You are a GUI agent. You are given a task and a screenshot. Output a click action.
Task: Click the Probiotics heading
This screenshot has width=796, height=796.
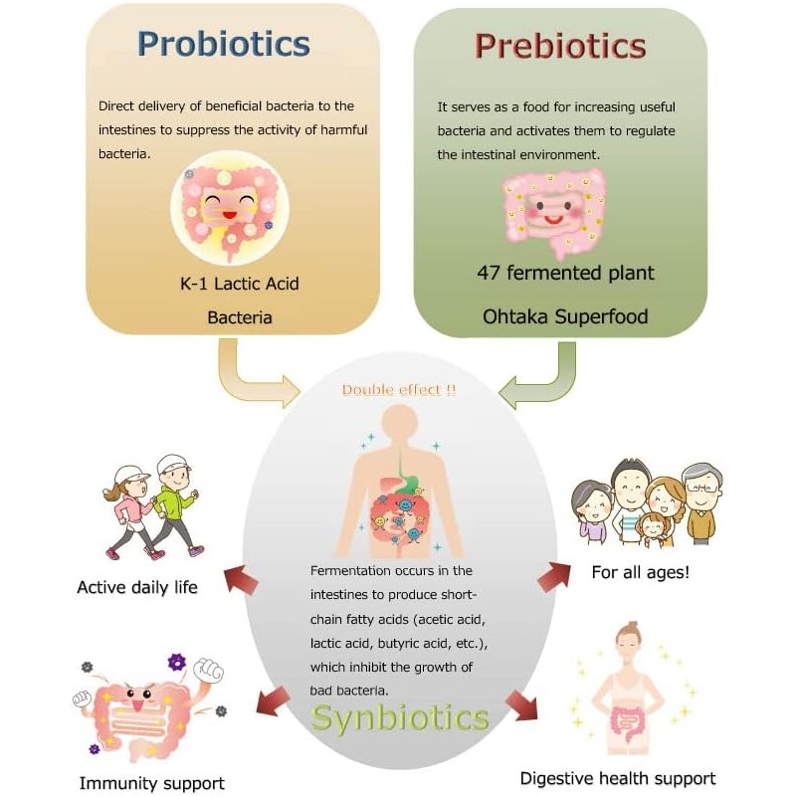coord(224,45)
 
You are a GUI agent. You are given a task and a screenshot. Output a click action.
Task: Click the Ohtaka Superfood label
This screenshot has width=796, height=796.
coord(564,316)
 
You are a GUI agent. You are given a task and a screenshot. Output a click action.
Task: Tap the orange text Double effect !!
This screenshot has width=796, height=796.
coord(399,390)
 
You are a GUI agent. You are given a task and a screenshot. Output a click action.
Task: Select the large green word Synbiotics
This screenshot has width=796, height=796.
coord(400,718)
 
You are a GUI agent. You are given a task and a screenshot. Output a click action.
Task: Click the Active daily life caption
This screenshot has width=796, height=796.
coord(137,587)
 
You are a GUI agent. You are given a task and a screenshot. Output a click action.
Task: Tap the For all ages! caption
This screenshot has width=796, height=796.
coord(641,572)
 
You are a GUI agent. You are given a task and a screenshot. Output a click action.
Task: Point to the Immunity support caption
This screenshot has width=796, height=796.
coord(151,784)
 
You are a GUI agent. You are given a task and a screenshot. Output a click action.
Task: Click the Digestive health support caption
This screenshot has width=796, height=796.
coord(618,778)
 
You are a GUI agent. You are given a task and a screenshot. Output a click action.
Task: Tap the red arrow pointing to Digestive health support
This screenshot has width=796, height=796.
coord(521,704)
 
